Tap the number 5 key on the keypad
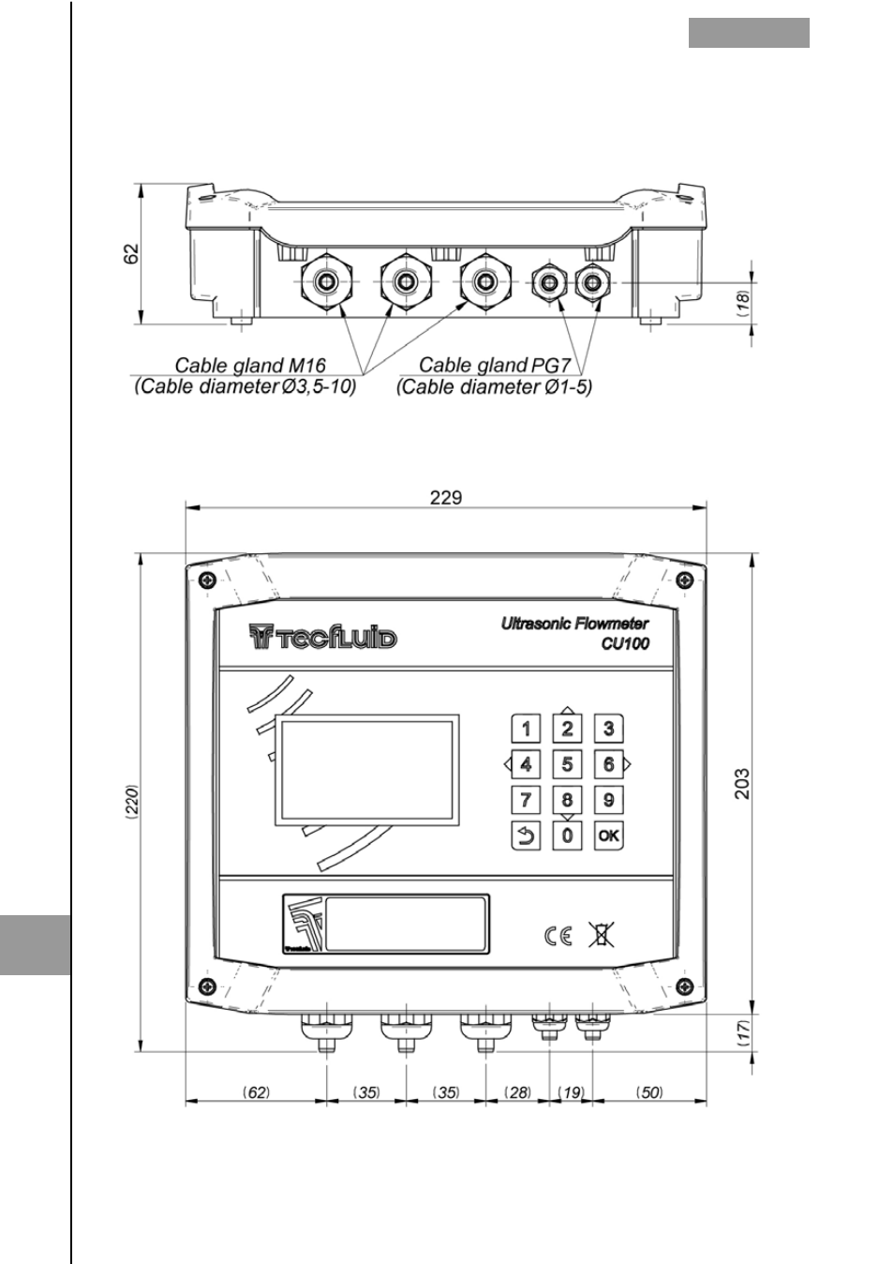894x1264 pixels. click(x=567, y=764)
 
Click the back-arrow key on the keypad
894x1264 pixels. click(x=526, y=835)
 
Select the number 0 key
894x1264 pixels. click(x=567, y=835)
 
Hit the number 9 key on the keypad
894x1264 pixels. click(x=608, y=800)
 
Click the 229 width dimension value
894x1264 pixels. click(x=446, y=498)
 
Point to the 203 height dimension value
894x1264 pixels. click(x=743, y=783)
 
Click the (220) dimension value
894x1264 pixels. click(x=132, y=802)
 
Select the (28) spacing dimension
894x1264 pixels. click(x=518, y=1092)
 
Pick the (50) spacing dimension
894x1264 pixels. click(x=649, y=1092)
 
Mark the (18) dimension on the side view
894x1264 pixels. click(x=744, y=304)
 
